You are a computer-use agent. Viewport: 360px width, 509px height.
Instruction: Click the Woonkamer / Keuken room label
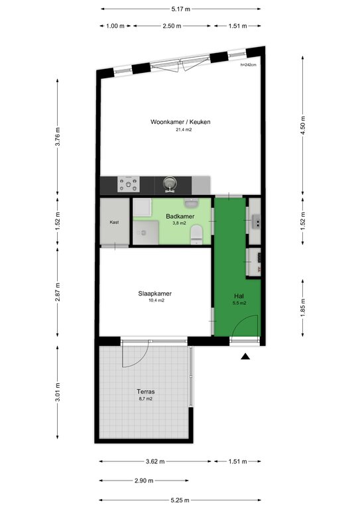tap(180, 122)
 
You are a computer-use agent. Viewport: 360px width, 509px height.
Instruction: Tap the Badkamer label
tap(180, 216)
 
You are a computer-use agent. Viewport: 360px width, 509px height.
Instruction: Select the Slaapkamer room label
tap(155, 294)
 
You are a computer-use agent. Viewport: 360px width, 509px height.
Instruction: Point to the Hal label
tap(239, 296)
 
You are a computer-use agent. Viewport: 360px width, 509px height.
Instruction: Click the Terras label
tap(146, 392)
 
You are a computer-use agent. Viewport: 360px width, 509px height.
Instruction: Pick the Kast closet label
tap(114, 223)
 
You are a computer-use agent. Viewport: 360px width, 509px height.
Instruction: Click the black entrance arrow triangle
tap(245, 357)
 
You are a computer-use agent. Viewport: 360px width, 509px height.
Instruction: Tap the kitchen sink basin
tap(169, 184)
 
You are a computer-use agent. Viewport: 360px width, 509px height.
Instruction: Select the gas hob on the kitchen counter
tap(129, 184)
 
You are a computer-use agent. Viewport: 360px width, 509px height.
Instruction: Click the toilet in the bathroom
tap(197, 235)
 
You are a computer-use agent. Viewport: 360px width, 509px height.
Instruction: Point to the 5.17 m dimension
tap(181, 9)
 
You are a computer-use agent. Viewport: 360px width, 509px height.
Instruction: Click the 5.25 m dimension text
tap(180, 500)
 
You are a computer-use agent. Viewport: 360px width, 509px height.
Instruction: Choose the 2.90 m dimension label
tap(144, 481)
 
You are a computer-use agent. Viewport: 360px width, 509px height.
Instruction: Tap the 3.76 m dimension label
tap(58, 136)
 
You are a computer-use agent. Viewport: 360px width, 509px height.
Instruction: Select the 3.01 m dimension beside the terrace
tap(58, 392)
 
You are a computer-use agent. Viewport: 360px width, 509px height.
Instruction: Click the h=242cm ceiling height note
tap(249, 65)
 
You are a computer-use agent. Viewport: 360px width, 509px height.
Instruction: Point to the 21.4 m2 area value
tap(184, 130)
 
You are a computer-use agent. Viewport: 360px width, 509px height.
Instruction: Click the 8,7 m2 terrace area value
tap(146, 399)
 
